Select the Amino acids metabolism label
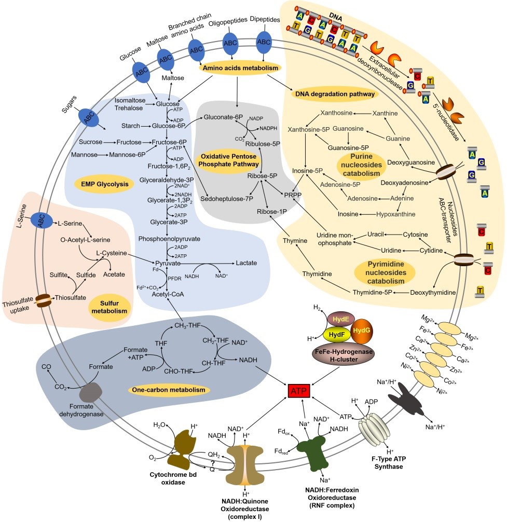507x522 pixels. point(239,68)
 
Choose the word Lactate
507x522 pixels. point(246,264)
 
